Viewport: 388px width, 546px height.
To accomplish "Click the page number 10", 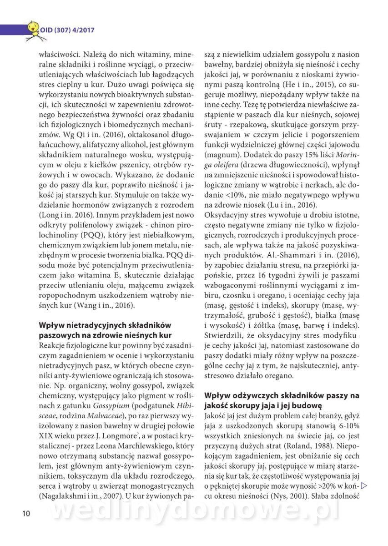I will tap(25, 514).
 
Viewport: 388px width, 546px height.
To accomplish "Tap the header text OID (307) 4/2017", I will tap(67, 30).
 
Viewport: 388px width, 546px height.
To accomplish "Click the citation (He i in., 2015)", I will tap(305, 85).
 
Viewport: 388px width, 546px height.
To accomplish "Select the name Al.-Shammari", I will tap(284, 251).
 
